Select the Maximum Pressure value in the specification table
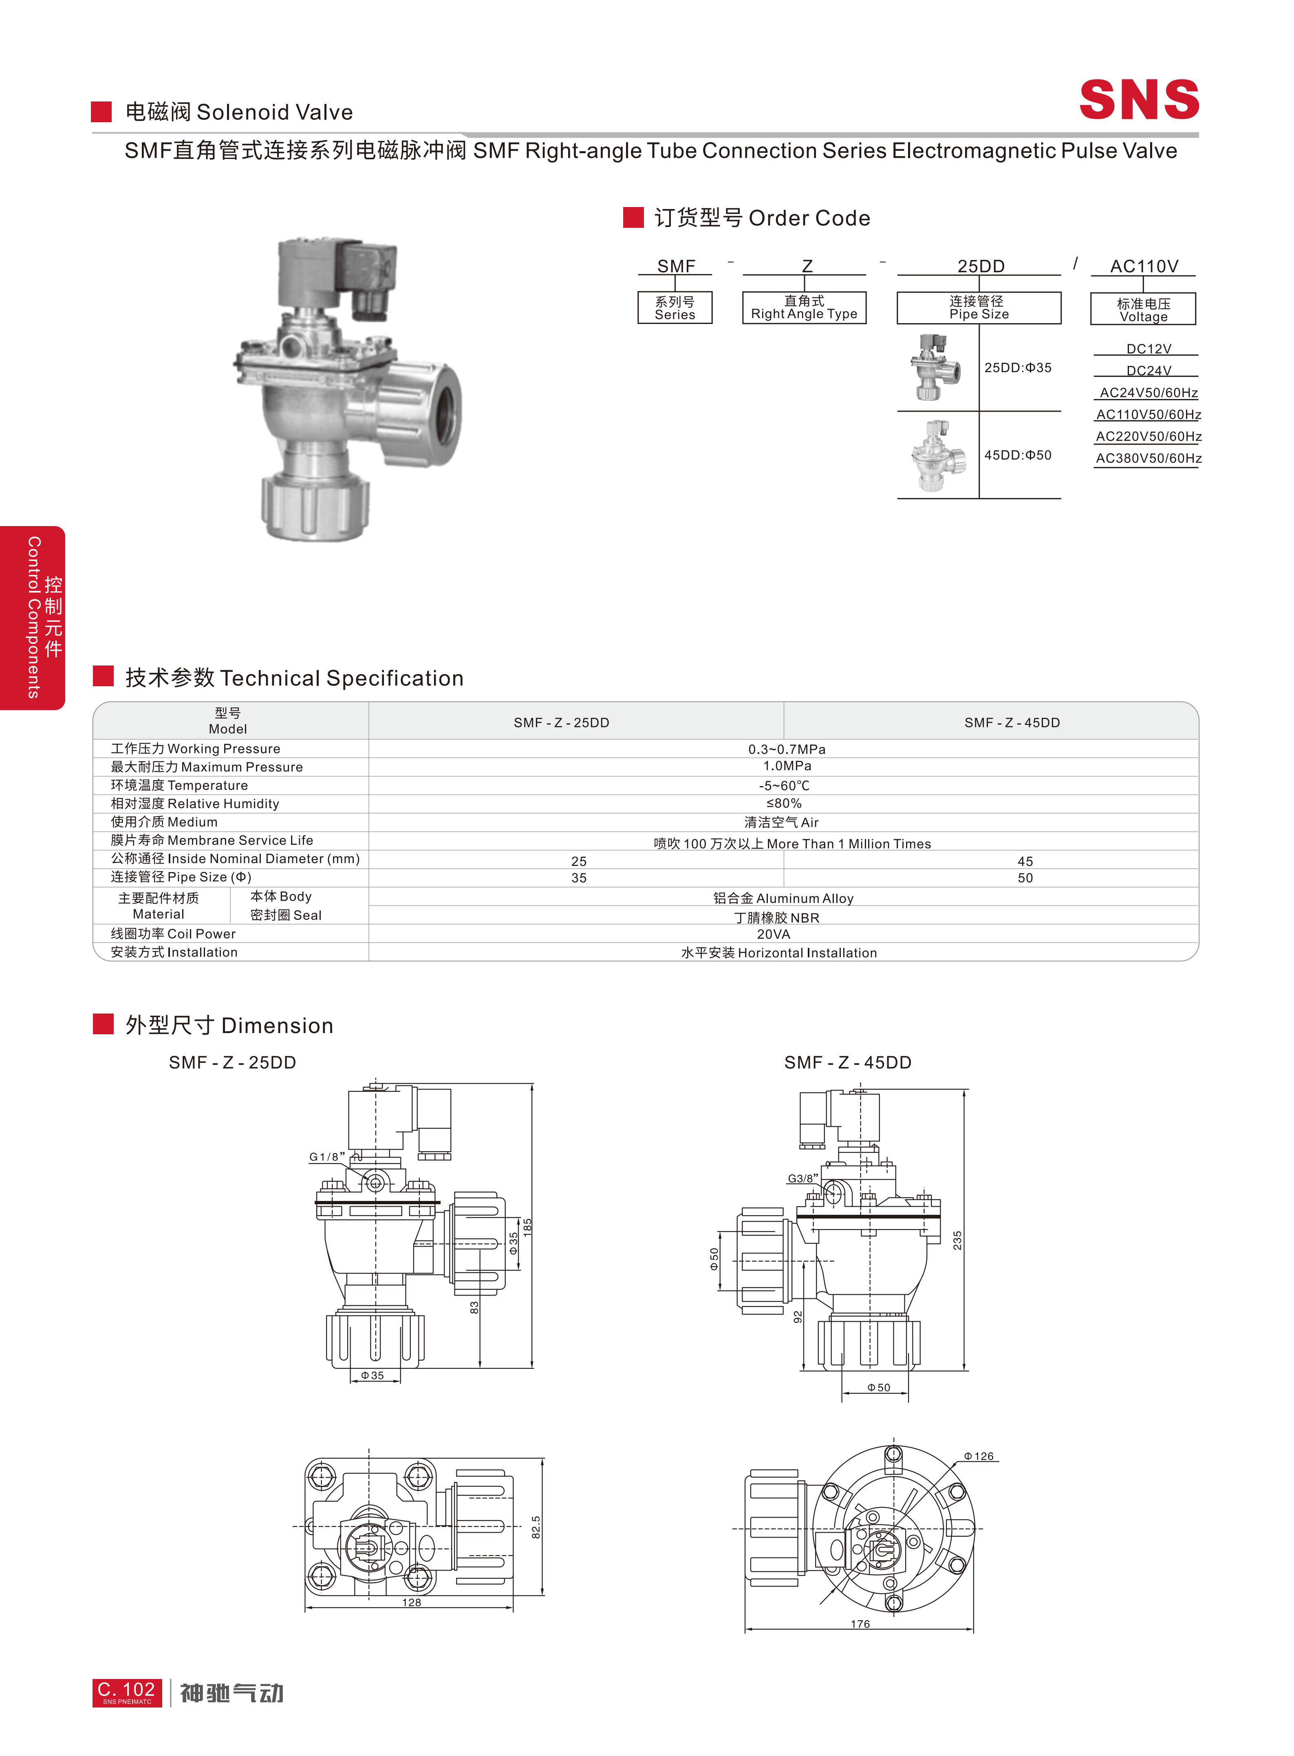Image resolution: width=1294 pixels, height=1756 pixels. point(787,766)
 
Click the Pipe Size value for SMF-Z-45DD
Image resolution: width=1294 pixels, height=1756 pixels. point(1025,878)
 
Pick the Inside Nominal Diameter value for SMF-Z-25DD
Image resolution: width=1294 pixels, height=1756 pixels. point(579,861)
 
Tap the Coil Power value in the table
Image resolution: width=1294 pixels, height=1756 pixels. point(774,934)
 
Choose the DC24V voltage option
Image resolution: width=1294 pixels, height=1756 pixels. point(1149,370)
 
